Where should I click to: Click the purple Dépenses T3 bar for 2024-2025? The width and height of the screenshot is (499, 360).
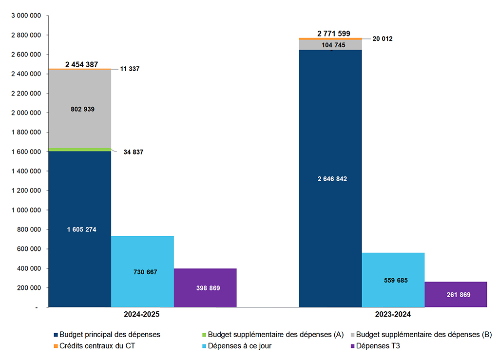pyautogui.click(x=205, y=288)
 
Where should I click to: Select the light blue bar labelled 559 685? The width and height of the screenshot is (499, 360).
pyautogui.click(x=393, y=280)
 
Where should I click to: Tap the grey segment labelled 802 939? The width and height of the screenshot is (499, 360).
pyautogui.click(x=80, y=109)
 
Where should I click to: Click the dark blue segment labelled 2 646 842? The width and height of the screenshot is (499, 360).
pyautogui.click(x=330, y=179)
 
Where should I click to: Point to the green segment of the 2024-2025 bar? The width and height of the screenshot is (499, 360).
pyautogui.click(x=80, y=149)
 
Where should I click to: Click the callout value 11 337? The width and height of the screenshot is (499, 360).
pyautogui.click(x=130, y=69)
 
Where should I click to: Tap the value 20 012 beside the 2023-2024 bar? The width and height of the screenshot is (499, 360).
pyautogui.click(x=382, y=39)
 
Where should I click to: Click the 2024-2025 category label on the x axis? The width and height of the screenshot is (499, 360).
pyautogui.click(x=141, y=315)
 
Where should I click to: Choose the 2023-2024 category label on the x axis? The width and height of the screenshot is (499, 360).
pyautogui.click(x=393, y=315)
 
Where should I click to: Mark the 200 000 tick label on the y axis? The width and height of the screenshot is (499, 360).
pyautogui.click(x=28, y=288)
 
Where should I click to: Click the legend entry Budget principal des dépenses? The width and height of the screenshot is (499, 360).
pyautogui.click(x=110, y=335)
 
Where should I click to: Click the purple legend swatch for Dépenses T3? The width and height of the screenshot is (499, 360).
pyautogui.click(x=352, y=346)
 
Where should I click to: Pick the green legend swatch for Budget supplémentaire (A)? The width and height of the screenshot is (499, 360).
pyautogui.click(x=205, y=335)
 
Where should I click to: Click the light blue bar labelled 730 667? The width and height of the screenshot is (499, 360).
pyautogui.click(x=142, y=272)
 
